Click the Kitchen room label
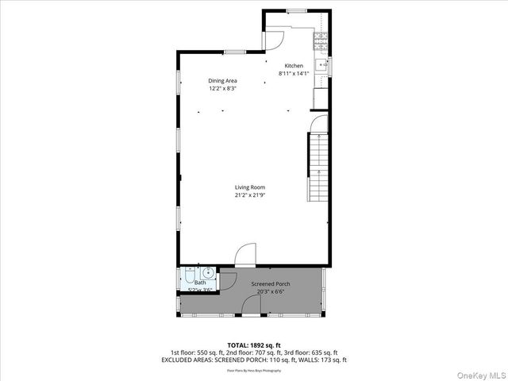coord(294,66)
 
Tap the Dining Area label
coord(222,81)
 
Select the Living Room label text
coord(249,187)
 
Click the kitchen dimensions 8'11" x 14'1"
coord(294,74)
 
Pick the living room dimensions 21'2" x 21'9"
coord(249,195)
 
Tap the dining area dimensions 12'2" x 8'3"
coord(222,88)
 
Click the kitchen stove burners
coord(321,37)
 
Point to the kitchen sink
coord(321,65)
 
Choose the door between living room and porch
coord(245,255)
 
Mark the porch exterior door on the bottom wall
coord(250,315)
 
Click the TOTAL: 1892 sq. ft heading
coord(254,344)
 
